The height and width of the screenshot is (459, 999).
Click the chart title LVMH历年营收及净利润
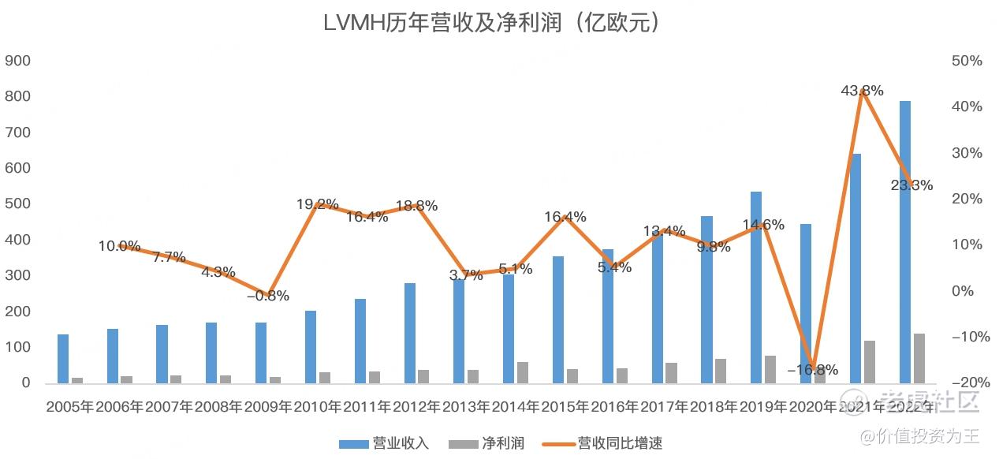pos(491,23)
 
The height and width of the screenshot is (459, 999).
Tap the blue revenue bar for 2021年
pos(855,268)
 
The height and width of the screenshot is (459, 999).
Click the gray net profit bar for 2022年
pos(919,358)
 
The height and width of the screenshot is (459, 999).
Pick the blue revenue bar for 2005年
pos(63,359)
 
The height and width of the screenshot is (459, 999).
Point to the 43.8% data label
pos(862,91)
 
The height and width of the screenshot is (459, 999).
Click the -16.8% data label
pos(812,370)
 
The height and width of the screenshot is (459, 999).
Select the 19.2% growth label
pos(318,204)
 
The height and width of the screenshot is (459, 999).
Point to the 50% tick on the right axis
pos(967,61)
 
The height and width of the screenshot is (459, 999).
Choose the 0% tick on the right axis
pos(963,291)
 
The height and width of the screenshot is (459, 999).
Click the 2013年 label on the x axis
pos(467,408)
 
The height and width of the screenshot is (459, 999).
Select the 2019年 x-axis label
pos(763,408)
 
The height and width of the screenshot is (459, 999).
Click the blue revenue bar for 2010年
pos(311,347)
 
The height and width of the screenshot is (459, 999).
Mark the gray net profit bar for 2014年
pos(523,372)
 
